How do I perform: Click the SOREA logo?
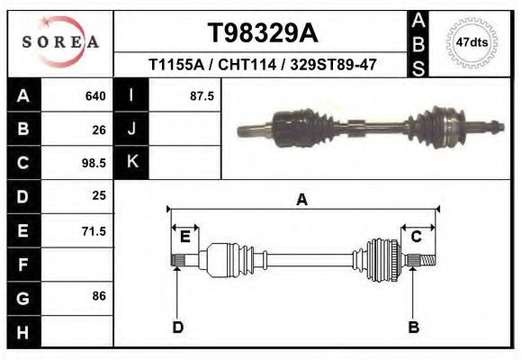59,42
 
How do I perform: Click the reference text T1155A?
176,66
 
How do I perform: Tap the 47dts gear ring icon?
472,42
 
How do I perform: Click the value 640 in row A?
95,95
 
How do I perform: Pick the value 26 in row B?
99,130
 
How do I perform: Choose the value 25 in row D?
99,195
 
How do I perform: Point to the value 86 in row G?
99,296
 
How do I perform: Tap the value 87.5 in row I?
202,95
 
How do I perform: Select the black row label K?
131,163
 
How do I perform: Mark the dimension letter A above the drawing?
301,199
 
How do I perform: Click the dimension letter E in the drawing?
184,237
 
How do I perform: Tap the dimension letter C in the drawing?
417,237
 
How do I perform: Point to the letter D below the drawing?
177,328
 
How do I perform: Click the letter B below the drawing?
414,328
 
